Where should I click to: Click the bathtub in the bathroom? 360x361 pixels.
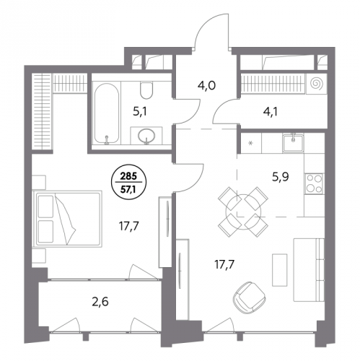point(106,113)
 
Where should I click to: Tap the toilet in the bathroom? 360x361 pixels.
point(146,90)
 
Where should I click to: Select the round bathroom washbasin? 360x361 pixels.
point(146,136)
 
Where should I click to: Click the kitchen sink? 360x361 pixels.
point(294,144)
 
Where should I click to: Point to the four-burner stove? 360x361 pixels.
point(315,183)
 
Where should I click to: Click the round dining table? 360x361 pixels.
point(243,212)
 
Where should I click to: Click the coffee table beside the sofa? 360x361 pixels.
point(280,270)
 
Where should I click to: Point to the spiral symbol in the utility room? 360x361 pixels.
point(316,84)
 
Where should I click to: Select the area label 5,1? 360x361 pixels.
point(140,112)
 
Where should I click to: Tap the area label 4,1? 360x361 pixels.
point(271,112)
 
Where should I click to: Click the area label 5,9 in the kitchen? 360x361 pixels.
point(281,178)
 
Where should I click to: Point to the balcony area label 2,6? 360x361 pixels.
point(100,302)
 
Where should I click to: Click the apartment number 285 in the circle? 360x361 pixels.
point(128,176)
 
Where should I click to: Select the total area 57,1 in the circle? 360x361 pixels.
point(128,188)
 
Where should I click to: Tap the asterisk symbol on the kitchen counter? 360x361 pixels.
point(250,144)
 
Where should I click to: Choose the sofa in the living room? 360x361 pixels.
point(309,269)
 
